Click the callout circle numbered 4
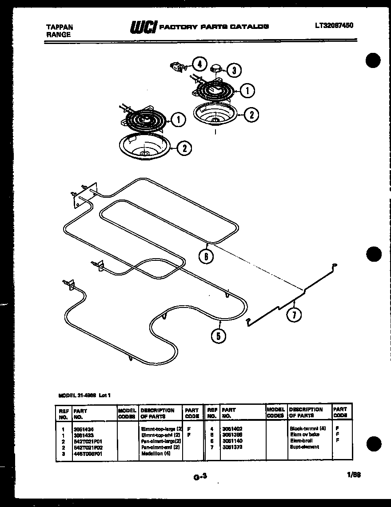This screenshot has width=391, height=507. tap(199, 64)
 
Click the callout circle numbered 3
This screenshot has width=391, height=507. tap(234, 69)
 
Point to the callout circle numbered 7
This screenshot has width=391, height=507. tap(294, 315)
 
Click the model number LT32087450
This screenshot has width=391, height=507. tap(334, 26)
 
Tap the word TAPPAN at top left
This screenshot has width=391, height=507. tap(60, 27)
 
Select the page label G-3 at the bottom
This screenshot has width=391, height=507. tap(200, 477)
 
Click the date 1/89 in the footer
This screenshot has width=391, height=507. tap(354, 475)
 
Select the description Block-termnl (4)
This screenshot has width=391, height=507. tap(307, 429)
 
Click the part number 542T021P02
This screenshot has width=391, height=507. tap(88, 447)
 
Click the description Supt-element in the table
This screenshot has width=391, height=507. tap(304, 447)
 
